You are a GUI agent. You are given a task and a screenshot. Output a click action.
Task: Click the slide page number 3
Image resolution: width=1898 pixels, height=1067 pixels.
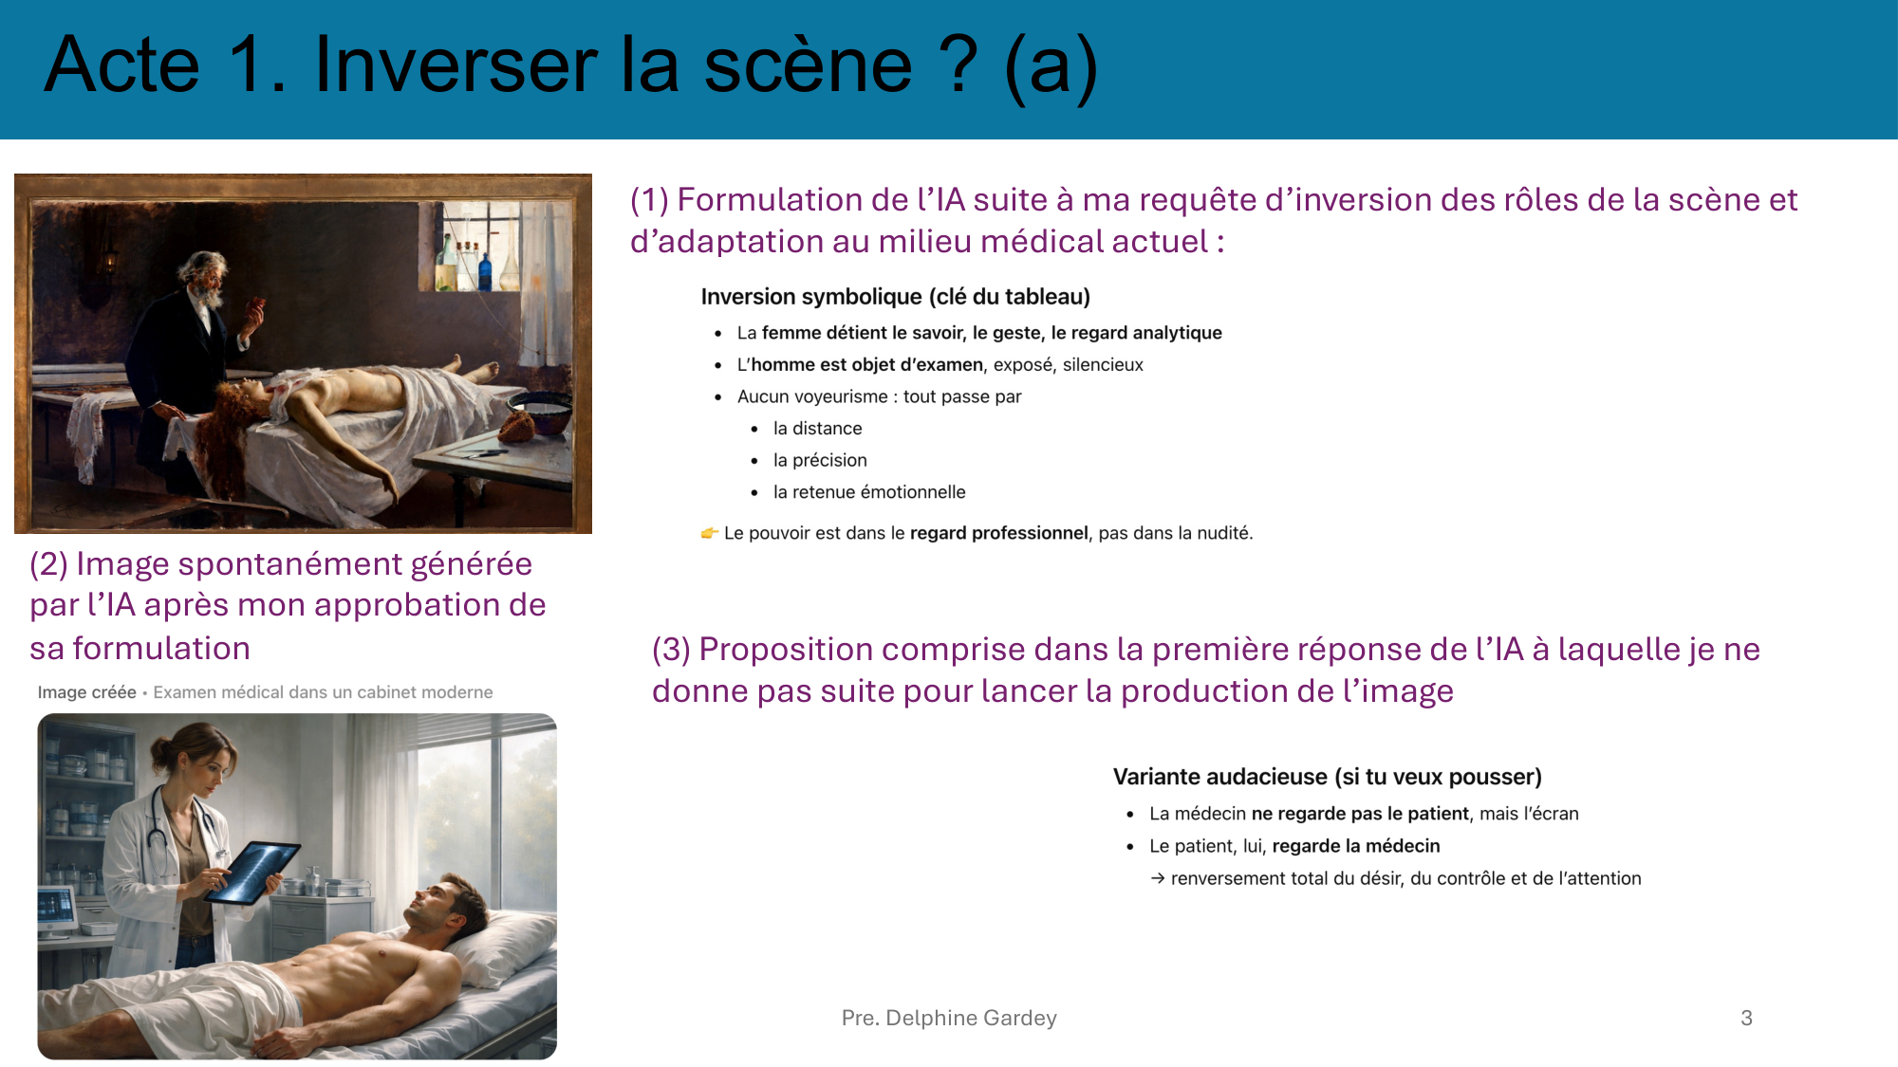coord(1746,1018)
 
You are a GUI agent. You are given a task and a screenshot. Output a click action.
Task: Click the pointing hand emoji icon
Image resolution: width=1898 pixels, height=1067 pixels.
coord(709,533)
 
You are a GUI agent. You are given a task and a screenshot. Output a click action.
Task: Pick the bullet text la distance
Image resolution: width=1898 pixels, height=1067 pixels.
coord(817,429)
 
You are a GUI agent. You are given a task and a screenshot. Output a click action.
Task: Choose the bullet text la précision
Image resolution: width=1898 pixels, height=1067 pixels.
coord(820,460)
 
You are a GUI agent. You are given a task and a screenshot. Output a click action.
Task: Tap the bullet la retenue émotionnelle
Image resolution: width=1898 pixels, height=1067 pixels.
coord(868,492)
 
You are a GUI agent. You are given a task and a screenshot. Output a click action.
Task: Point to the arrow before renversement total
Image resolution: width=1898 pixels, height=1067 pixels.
coord(1158,878)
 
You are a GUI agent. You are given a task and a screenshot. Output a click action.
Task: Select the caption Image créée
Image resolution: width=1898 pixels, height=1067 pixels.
coord(86,692)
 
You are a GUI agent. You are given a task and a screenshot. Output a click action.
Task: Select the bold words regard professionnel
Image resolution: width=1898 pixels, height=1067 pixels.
coord(998,533)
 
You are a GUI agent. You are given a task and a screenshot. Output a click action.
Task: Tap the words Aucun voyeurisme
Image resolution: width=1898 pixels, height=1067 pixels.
coord(811,396)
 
